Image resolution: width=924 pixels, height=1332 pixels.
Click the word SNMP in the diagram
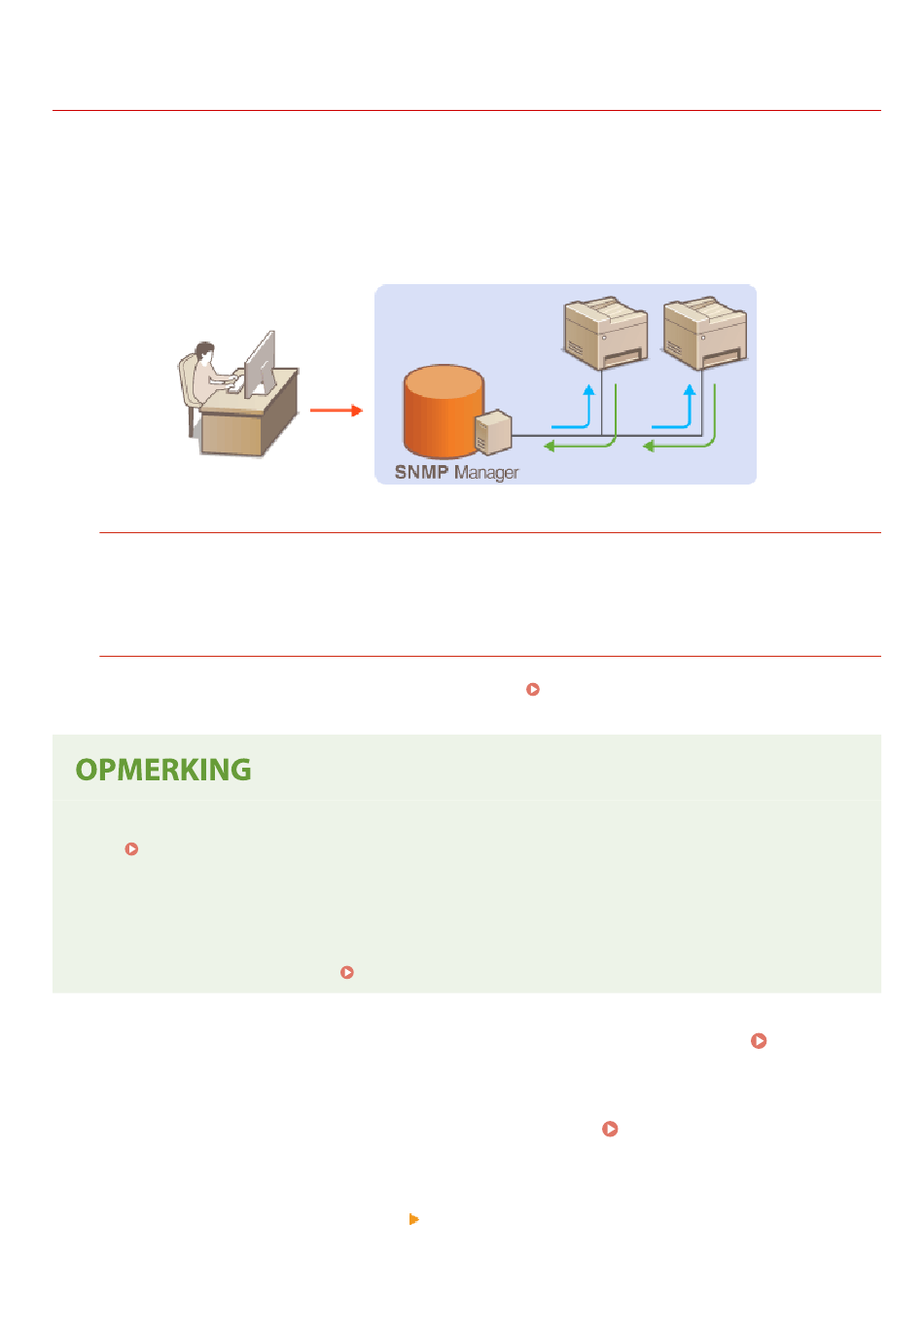tap(420, 472)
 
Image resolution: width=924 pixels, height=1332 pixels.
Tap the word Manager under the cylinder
tap(485, 473)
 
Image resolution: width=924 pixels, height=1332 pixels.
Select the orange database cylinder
tap(443, 411)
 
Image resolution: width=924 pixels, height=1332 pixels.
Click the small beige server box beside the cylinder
tap(493, 432)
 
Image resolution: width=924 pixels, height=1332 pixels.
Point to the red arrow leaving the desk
tap(336, 411)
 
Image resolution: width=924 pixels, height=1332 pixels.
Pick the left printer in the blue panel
tap(605, 333)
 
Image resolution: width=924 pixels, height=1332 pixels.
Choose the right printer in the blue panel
tap(704, 333)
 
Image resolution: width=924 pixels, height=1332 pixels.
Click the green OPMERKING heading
tap(163, 770)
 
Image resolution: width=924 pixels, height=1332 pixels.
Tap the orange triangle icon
tap(413, 1219)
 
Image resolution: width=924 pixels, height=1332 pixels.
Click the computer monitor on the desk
tap(261, 364)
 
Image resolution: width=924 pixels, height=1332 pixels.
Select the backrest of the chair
tap(187, 378)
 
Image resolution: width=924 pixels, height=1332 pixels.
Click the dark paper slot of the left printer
tap(623, 357)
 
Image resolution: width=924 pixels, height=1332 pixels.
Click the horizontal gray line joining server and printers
tap(607, 436)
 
